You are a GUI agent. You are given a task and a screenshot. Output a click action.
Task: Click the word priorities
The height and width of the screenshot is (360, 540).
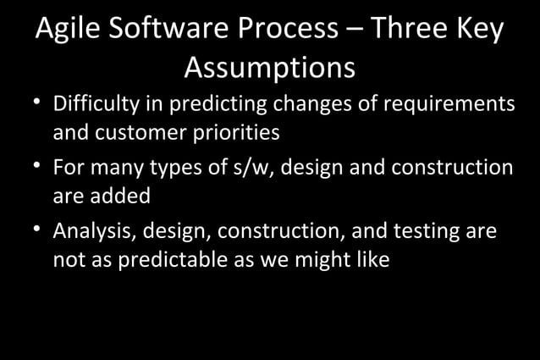(238, 133)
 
